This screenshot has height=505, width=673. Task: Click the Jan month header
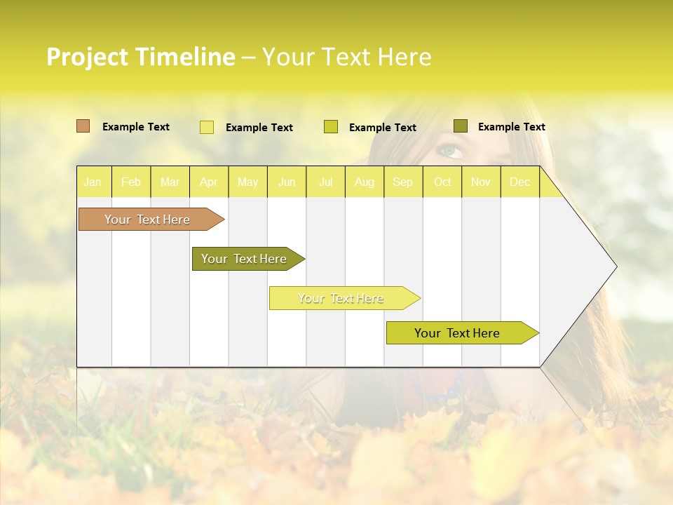[x=93, y=182]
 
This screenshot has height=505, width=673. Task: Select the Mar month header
[x=170, y=182]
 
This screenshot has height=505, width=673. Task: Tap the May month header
[x=247, y=182]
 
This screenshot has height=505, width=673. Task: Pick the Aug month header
[x=365, y=182]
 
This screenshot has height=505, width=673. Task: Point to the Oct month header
[x=442, y=182]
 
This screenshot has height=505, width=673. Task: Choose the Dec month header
[x=519, y=182]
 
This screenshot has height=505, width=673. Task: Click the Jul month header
[x=325, y=182]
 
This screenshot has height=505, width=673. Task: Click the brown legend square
[x=83, y=126]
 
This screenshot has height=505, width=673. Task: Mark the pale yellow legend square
[x=207, y=127]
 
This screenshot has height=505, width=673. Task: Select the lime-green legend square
[x=331, y=127]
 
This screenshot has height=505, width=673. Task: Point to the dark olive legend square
[x=461, y=126]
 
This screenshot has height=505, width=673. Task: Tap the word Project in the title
[x=86, y=57]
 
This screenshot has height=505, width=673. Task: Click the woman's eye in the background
[x=449, y=150]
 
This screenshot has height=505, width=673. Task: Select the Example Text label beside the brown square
[x=136, y=127]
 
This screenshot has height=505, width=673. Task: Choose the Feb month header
[x=131, y=182]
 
